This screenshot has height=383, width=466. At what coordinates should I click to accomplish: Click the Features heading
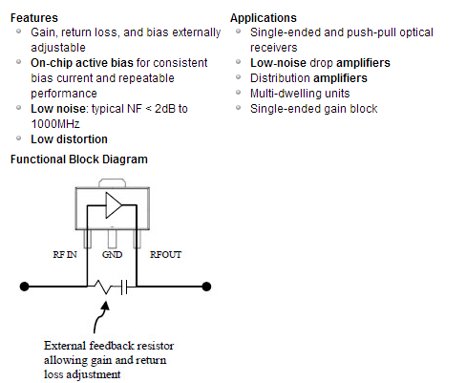point(34,18)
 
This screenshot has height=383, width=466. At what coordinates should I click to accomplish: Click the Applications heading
point(264,18)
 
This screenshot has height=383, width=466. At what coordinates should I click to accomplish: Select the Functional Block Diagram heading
point(79,160)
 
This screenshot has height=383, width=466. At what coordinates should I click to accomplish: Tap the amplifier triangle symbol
point(114,205)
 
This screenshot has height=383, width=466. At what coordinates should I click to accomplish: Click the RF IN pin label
point(65,255)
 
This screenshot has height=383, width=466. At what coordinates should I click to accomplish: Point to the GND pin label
point(112,255)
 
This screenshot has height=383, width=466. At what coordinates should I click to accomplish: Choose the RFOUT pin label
point(165,255)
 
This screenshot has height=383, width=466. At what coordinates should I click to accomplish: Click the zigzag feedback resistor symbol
point(102,287)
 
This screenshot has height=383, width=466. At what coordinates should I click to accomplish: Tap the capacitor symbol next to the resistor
point(124,287)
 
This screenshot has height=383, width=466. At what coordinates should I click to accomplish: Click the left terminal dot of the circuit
point(24,287)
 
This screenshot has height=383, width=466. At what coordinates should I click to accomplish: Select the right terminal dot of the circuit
point(206,287)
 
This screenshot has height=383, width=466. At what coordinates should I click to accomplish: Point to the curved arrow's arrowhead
point(105,306)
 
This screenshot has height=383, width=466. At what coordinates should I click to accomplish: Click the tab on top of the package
point(112,183)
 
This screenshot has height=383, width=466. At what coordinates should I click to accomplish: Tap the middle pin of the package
point(112,239)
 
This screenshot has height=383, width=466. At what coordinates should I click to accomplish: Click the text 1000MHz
point(55,124)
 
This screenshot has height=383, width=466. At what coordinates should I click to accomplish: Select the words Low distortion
point(69,139)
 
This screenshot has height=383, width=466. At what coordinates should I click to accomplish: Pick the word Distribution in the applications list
point(280,78)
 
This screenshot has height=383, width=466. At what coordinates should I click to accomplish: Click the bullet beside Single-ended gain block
point(238,108)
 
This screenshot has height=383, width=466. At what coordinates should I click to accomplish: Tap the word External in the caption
point(65,346)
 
